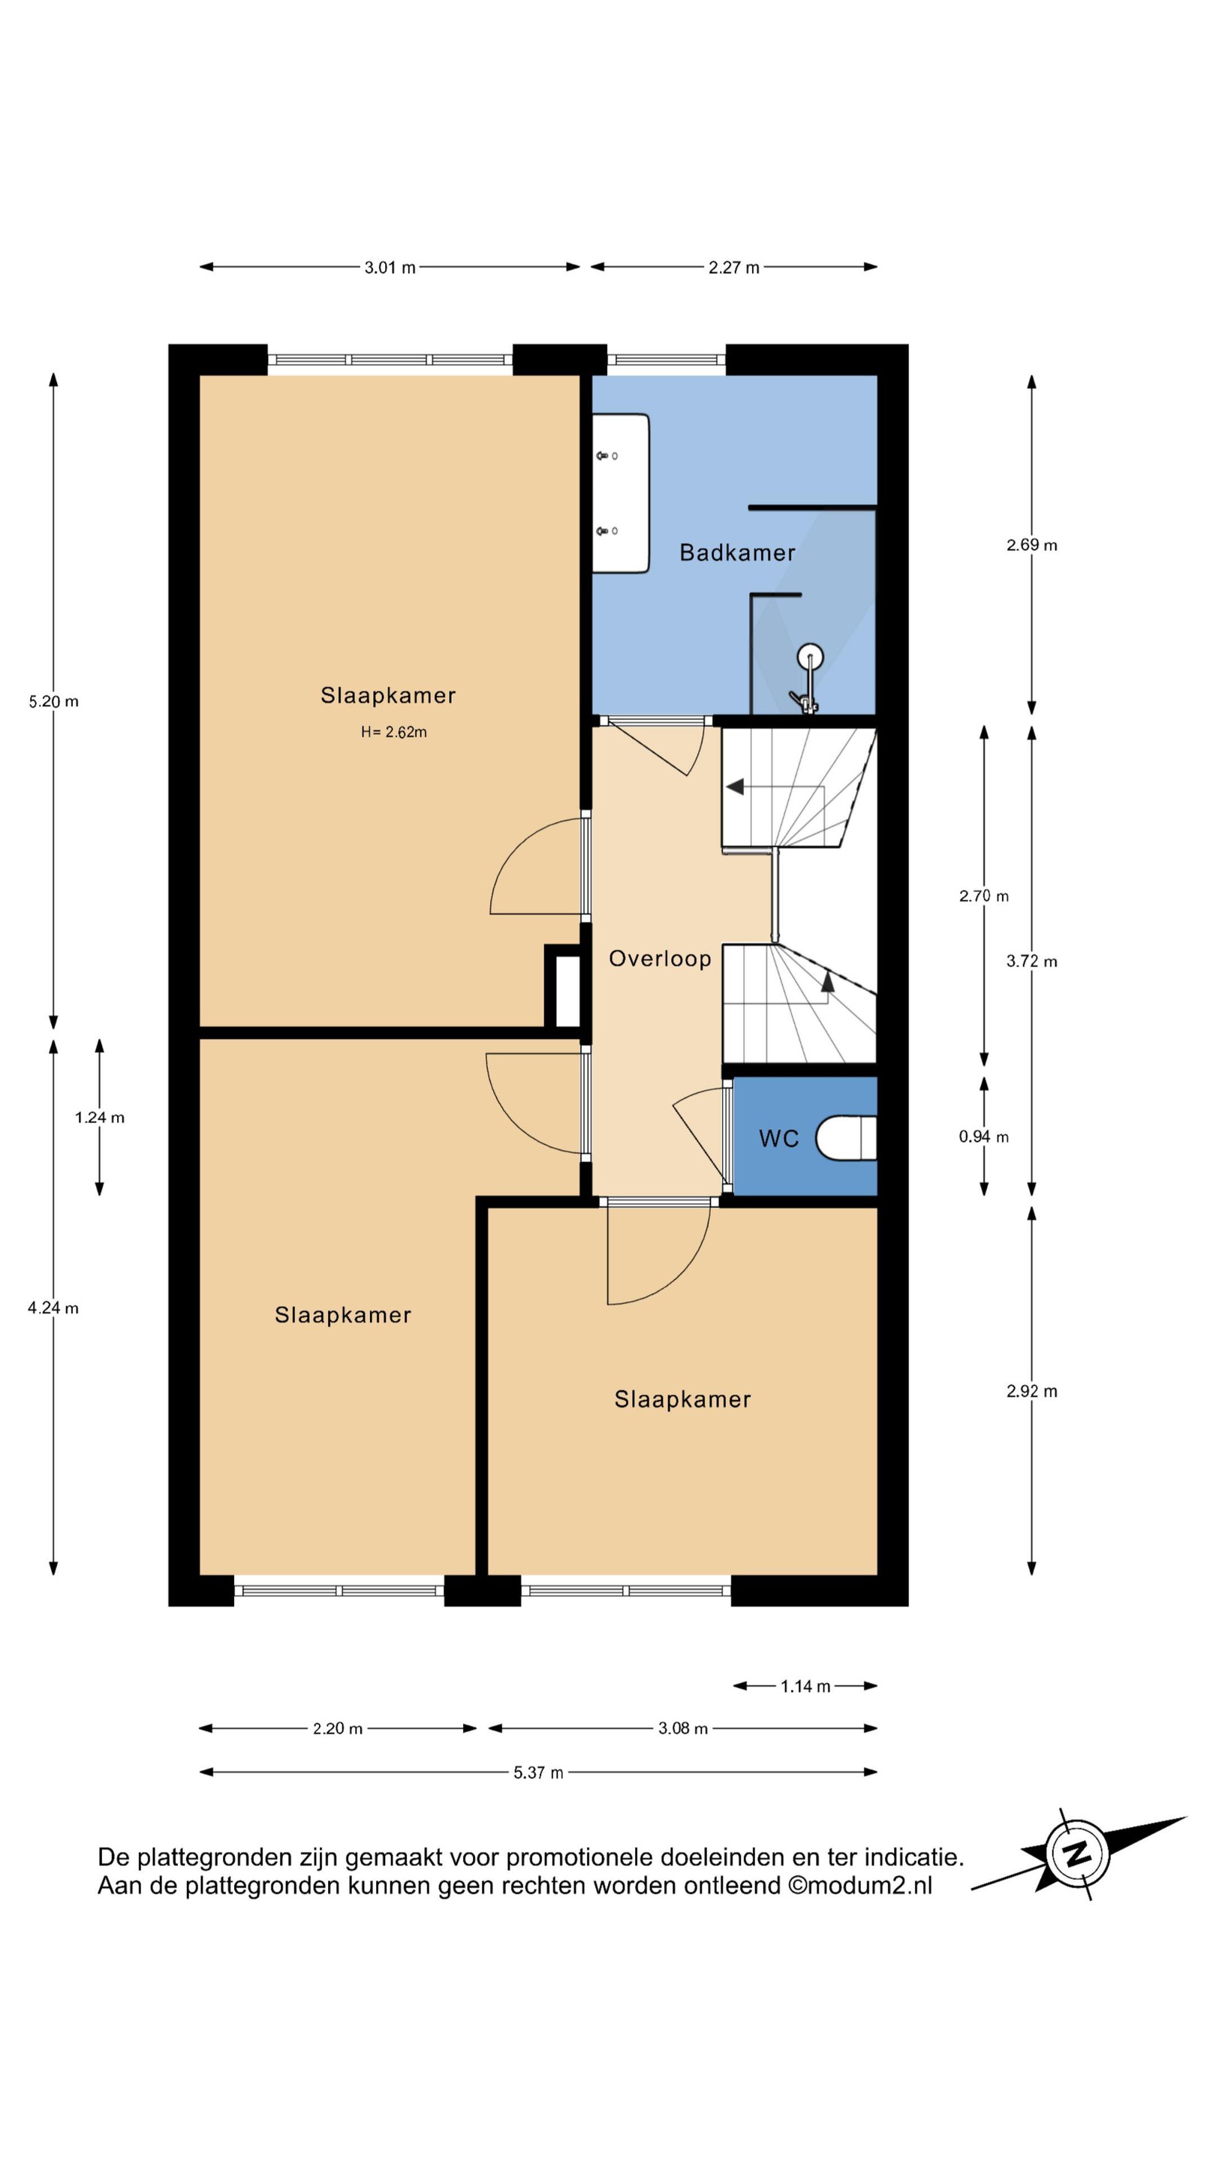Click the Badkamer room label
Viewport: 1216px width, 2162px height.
coord(737,553)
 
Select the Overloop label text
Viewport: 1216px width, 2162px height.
coord(660,959)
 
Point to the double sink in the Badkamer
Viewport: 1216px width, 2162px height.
coord(621,493)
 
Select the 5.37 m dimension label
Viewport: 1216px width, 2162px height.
coord(538,1772)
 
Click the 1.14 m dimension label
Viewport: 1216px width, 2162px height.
coord(805,1686)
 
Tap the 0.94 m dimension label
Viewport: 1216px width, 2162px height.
coord(983,1137)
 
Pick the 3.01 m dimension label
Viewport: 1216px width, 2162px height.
coord(390,268)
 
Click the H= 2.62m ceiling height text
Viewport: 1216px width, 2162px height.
coord(393,732)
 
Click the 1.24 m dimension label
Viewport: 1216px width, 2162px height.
coord(99,1117)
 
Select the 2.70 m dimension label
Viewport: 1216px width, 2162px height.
coord(983,896)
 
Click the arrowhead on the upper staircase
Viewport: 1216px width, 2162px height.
coord(735,787)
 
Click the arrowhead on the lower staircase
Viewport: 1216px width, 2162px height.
coord(827,980)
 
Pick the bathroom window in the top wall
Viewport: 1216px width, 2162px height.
coord(667,360)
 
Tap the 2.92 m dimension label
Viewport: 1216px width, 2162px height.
coord(1031,1391)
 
